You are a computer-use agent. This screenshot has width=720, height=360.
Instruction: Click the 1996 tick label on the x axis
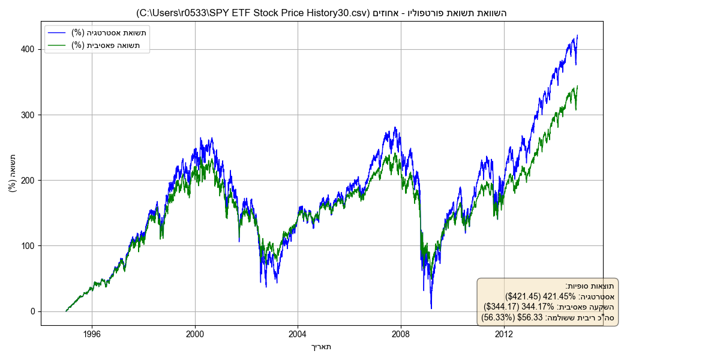(x=92, y=334)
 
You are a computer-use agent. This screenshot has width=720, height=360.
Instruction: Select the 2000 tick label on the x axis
(x=195, y=334)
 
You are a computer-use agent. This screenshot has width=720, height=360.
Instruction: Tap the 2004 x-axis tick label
(x=298, y=334)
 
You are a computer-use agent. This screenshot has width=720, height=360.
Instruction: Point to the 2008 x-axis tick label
(x=401, y=334)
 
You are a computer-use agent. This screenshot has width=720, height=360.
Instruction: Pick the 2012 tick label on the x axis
(x=504, y=334)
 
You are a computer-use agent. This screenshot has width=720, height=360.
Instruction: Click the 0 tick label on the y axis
(x=34, y=311)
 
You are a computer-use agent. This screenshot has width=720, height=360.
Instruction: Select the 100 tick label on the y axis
(x=29, y=246)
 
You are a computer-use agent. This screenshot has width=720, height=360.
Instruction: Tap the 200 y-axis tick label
(x=29, y=180)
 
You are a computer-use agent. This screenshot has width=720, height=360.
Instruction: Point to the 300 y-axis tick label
(x=29, y=115)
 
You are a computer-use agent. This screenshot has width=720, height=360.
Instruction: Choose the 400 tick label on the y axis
(x=29, y=49)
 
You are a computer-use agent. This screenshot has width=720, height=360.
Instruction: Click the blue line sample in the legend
(x=58, y=32)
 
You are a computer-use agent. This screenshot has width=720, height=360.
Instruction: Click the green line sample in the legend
(x=58, y=45)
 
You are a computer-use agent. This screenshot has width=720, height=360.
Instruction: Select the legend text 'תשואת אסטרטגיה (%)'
(x=109, y=32)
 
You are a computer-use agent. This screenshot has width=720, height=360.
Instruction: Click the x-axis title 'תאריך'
(x=322, y=346)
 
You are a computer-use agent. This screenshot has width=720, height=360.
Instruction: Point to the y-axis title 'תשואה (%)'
(x=13, y=173)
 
